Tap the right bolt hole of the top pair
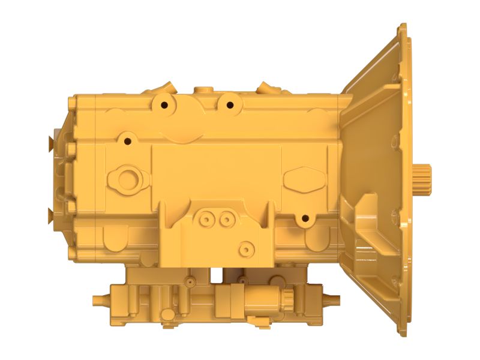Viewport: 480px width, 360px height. pos(229,105)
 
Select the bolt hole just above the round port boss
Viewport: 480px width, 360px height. pos(127,142)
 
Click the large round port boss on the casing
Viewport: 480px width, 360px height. pos(127,178)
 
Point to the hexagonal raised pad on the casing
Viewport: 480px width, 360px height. pos(304,178)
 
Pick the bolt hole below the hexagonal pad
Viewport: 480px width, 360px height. pos(305,218)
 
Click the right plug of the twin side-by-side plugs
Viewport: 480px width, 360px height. pos(225,220)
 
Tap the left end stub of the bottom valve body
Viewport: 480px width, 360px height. pos(97,299)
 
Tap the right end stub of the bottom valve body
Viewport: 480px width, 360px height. pos(334,299)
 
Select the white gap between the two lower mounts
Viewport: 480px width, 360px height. pos(216,275)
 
